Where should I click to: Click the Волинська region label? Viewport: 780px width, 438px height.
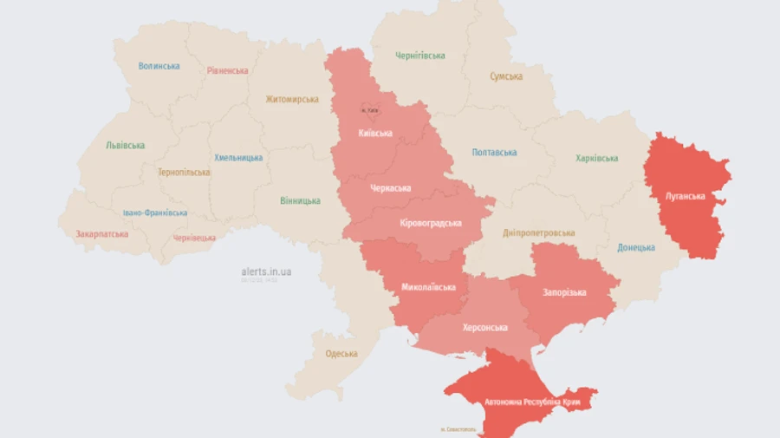159,66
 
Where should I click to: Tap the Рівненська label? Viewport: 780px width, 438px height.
227,71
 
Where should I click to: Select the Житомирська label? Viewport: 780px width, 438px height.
292,100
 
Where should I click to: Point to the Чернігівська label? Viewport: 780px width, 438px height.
420,56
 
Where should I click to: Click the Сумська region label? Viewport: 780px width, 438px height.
506,76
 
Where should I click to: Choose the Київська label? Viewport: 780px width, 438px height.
375,133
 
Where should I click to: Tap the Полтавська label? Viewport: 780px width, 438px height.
495,153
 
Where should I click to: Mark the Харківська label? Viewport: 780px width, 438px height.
597,159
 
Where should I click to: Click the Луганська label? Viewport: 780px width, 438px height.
686,196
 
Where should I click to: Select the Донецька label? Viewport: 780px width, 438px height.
636,248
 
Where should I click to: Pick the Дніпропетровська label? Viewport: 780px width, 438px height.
539,233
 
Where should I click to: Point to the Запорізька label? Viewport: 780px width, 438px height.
565,293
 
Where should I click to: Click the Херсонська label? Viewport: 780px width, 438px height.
485,327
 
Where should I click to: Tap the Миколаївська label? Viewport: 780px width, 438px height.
428,287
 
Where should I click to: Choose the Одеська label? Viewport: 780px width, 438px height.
341,354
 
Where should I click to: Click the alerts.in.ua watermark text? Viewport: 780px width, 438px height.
266,271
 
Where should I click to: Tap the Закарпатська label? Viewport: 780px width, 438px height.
102,234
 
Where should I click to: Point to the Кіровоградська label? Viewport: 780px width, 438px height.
431,223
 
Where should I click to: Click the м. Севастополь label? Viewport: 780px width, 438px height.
458,429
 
